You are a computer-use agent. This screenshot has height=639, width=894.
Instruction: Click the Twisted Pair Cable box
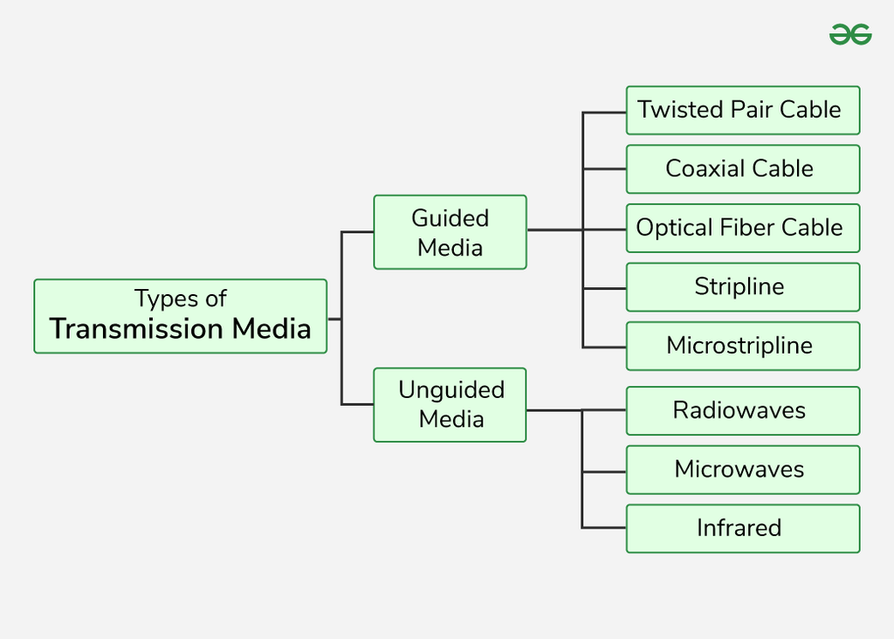click(742, 110)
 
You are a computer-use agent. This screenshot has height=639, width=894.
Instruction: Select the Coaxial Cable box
click(742, 168)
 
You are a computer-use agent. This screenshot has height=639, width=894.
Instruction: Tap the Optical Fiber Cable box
click(742, 228)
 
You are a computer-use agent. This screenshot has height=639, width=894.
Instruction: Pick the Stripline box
click(742, 287)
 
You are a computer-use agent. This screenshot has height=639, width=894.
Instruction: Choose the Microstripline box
click(742, 346)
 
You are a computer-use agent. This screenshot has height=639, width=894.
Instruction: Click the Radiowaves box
click(742, 410)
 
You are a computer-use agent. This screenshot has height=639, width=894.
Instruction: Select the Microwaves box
click(742, 470)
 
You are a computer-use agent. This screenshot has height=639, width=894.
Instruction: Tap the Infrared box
click(742, 528)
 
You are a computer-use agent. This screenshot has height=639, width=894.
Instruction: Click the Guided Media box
click(450, 232)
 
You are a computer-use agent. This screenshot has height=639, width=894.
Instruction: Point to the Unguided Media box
click(450, 404)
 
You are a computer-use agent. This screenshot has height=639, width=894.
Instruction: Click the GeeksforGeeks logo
click(849, 34)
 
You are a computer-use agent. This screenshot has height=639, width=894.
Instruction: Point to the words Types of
click(181, 299)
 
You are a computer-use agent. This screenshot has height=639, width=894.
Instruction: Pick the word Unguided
click(451, 390)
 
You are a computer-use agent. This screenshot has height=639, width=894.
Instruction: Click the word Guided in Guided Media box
click(450, 218)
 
